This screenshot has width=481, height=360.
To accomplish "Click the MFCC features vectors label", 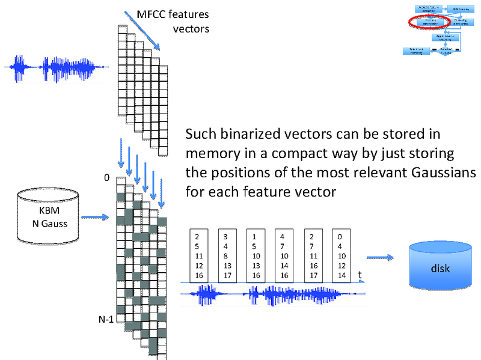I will [x=177, y=21].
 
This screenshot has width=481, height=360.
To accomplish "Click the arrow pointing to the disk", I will [x=381, y=258].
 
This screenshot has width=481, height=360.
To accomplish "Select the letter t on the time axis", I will [x=360, y=275].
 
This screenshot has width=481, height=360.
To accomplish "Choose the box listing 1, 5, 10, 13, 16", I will [x=256, y=255].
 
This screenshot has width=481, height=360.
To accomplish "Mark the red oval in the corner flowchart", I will [x=428, y=22].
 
